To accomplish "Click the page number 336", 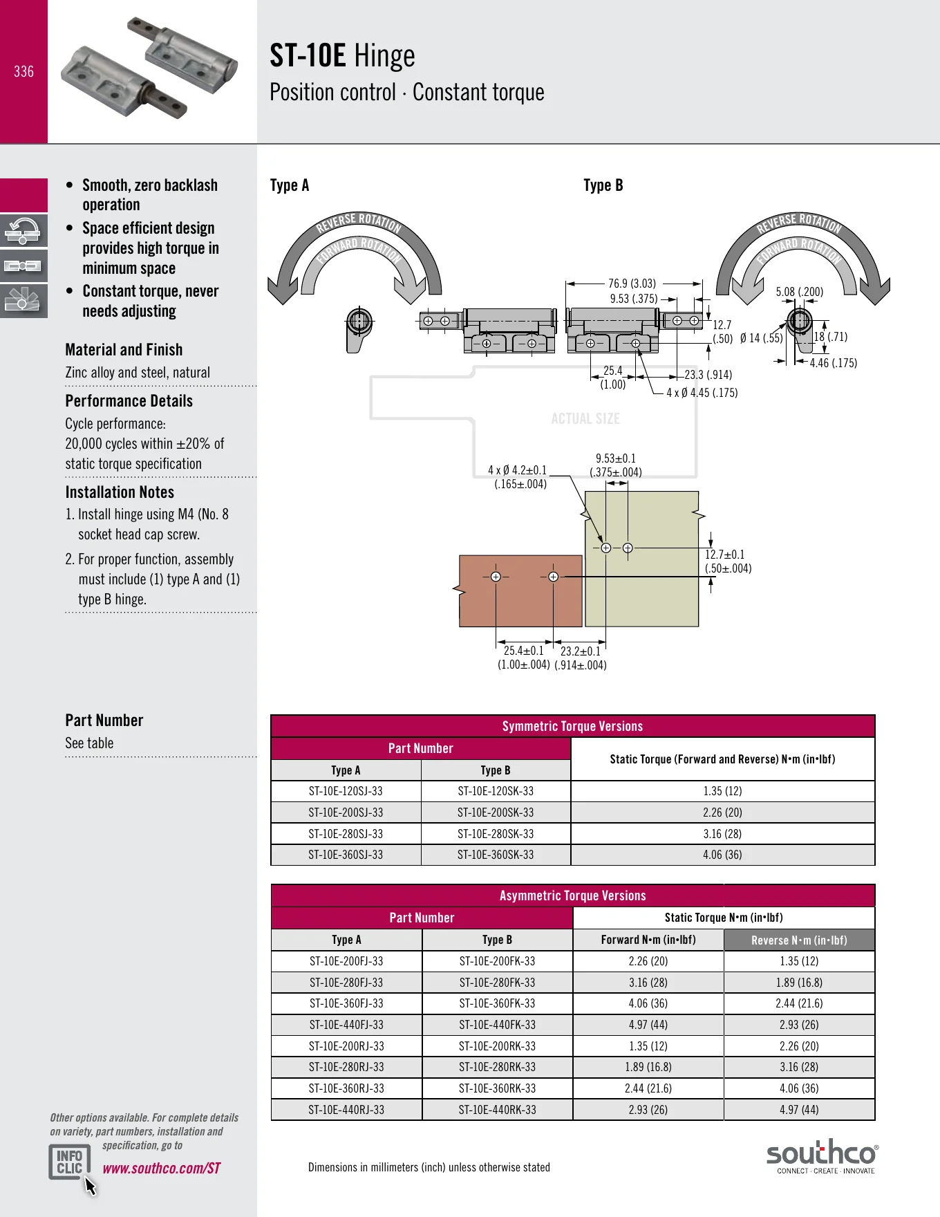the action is pyautogui.click(x=23, y=71).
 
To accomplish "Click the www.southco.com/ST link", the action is pyautogui.click(x=162, y=1168).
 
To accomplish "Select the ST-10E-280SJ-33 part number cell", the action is pyautogui.click(x=346, y=834).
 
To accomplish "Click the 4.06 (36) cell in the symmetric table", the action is pyautogui.click(x=722, y=855).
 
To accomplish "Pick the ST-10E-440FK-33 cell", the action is pyautogui.click(x=498, y=1025).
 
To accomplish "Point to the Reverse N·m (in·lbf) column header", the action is pyautogui.click(x=799, y=940).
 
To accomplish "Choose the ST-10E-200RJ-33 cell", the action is pyautogui.click(x=346, y=1046).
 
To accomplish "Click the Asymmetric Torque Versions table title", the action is pyautogui.click(x=573, y=895).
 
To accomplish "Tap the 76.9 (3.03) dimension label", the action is pyautogui.click(x=632, y=284).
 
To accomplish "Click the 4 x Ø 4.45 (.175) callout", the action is pyautogui.click(x=702, y=393).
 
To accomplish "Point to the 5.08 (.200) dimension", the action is pyautogui.click(x=800, y=292).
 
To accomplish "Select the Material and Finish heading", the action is pyautogui.click(x=124, y=350).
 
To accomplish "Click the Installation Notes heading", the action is pyautogui.click(x=120, y=492).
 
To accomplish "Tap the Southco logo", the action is pyautogui.click(x=822, y=1156).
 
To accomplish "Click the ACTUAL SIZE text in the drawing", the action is pyautogui.click(x=585, y=418).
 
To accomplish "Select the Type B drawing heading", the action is pyautogui.click(x=603, y=185).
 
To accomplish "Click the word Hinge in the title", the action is pyautogui.click(x=384, y=57).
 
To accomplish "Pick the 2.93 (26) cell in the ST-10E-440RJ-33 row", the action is pyautogui.click(x=648, y=1110).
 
